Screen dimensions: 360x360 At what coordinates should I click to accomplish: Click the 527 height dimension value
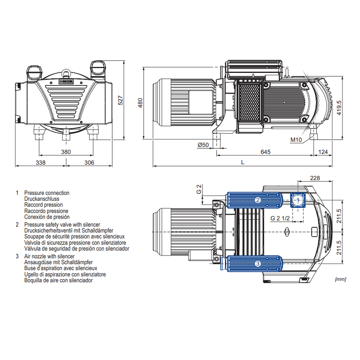tap(120, 100)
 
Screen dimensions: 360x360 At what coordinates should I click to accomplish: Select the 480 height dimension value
tap(140, 103)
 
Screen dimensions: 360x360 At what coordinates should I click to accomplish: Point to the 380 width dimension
tap(66, 152)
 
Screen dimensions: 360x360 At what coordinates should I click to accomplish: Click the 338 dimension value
tap(40, 162)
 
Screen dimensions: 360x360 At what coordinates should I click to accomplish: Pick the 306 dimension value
tap(89, 162)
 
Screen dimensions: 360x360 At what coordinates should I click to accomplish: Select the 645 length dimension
tap(265, 152)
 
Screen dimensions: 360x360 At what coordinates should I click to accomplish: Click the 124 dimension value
tap(323, 152)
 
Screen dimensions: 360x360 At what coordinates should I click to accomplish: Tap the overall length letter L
tap(243, 162)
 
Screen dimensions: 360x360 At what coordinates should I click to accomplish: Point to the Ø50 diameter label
tap(203, 144)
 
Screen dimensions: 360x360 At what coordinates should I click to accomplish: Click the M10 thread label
tap(296, 140)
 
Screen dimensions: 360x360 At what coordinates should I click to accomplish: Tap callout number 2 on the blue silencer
tap(258, 200)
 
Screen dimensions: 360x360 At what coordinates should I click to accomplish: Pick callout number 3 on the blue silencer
tap(258, 264)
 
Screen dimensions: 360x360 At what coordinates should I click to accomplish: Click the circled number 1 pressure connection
tap(297, 199)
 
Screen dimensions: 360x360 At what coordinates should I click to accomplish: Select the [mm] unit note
tap(340, 279)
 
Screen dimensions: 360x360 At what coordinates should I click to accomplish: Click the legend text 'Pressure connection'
tap(47, 193)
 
